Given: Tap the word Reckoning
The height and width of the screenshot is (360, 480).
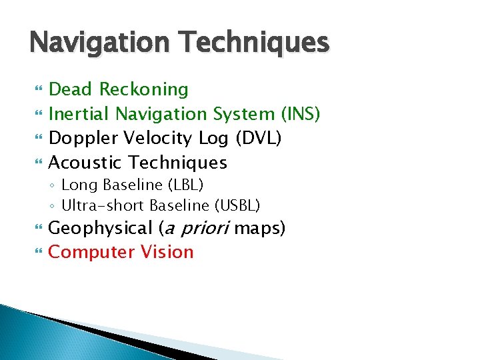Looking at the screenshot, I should tap(144, 89).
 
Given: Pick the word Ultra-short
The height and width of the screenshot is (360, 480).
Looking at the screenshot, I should tap(103, 205).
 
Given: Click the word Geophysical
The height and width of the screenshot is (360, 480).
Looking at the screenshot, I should tap(101, 229).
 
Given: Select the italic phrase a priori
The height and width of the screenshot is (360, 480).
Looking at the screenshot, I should tap(196, 229).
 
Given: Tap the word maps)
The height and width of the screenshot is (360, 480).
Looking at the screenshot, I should tap(261, 229).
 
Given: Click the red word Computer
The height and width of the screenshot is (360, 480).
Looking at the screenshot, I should tap(91, 253).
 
